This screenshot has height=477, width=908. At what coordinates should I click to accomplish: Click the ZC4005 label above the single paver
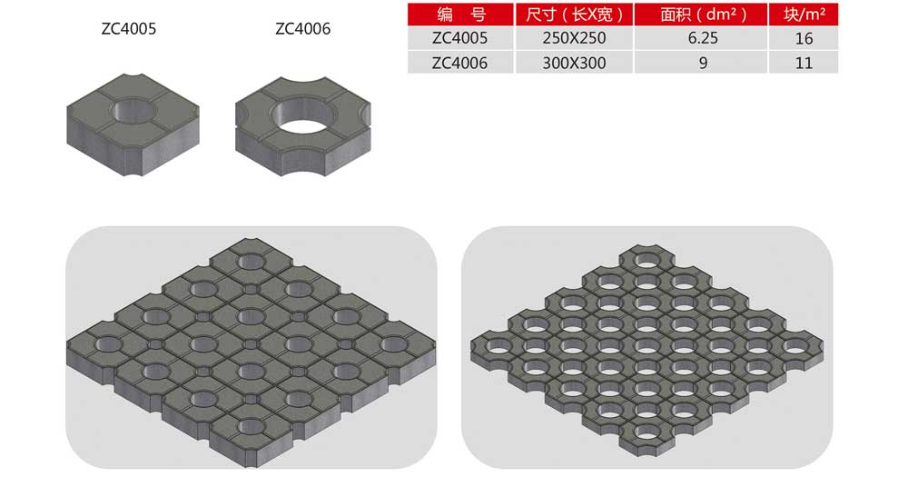tap(129, 28)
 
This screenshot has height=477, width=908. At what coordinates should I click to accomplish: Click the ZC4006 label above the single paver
tap(303, 28)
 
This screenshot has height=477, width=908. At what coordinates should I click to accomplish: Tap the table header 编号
tap(461, 15)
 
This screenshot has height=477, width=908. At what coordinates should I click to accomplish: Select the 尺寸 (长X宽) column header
tap(575, 15)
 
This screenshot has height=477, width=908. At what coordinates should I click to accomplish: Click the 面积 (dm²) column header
tap(703, 15)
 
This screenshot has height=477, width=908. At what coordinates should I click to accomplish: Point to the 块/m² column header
tap(804, 15)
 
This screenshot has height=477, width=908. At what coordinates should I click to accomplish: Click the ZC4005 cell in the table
tap(459, 38)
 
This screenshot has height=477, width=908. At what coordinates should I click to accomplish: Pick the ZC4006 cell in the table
tap(459, 63)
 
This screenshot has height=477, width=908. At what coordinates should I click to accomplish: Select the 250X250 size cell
tap(575, 38)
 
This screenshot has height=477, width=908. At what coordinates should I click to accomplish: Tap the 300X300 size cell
tap(575, 63)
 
